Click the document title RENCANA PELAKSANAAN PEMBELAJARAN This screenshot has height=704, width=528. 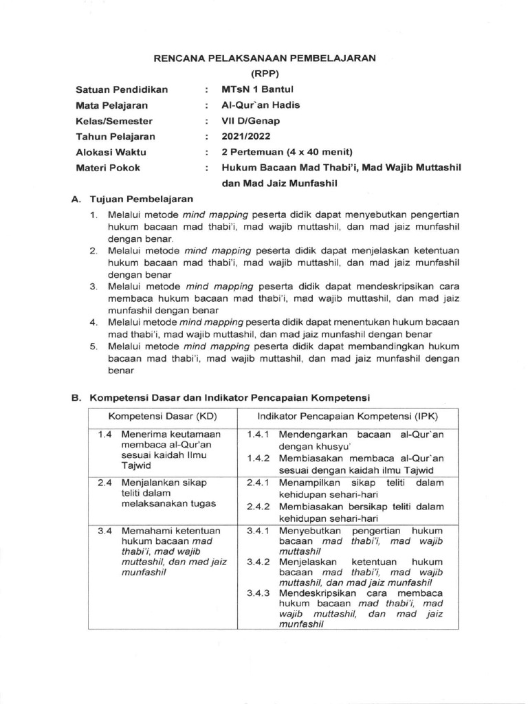pyautogui.click(x=264, y=58)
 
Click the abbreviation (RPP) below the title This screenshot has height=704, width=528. pyautogui.click(x=264, y=74)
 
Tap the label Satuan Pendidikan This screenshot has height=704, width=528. pyautogui.click(x=121, y=90)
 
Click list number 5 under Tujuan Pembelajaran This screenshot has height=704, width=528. pyautogui.click(x=93, y=346)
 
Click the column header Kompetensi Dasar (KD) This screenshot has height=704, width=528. pyautogui.click(x=158, y=417)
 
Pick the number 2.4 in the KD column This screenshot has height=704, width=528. pyautogui.click(x=104, y=483)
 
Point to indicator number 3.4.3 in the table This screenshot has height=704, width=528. pyautogui.click(x=258, y=593)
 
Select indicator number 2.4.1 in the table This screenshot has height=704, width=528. pyautogui.click(x=258, y=483)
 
